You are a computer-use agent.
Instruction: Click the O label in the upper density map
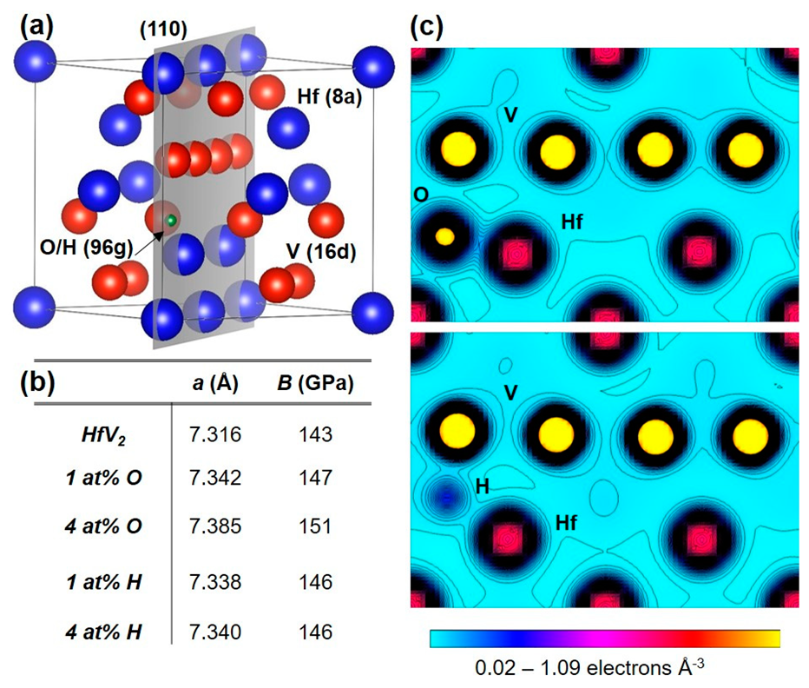(x=421, y=195)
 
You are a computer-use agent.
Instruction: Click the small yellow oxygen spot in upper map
(x=444, y=235)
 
